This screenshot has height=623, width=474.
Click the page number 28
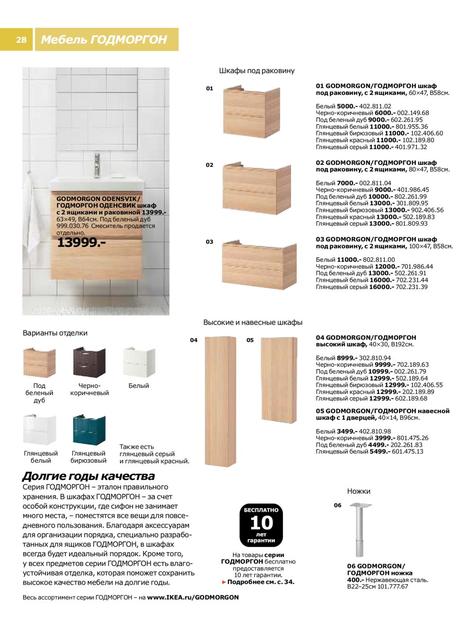(x=21, y=40)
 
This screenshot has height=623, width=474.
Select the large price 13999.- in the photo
(x=81, y=243)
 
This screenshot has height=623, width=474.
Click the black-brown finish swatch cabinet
(x=89, y=362)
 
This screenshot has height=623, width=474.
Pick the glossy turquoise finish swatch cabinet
(x=89, y=430)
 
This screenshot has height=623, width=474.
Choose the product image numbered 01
(x=251, y=112)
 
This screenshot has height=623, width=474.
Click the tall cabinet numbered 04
(x=220, y=401)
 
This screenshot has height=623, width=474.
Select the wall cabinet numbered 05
(x=279, y=379)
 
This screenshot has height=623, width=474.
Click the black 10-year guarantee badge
(x=261, y=525)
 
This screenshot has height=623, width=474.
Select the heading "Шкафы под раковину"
(x=256, y=71)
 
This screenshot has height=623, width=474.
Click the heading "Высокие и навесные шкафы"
(x=253, y=322)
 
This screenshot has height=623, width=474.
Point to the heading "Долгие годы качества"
(x=89, y=476)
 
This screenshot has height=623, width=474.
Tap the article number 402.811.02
(x=375, y=106)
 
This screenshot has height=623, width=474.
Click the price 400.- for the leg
(x=355, y=580)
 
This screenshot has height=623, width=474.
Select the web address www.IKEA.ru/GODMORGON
(x=192, y=597)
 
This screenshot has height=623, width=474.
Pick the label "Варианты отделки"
(x=55, y=333)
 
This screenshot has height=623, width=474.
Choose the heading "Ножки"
(x=358, y=491)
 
